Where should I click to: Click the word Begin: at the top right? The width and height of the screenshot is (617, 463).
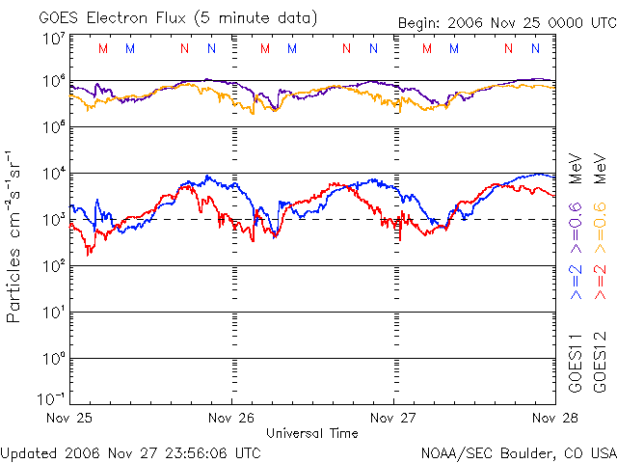coord(421,22)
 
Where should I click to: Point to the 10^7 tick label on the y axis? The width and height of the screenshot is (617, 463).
coord(54,40)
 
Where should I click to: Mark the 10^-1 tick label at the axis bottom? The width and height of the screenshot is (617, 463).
coord(52,397)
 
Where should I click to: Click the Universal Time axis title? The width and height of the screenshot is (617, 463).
coord(311,433)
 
